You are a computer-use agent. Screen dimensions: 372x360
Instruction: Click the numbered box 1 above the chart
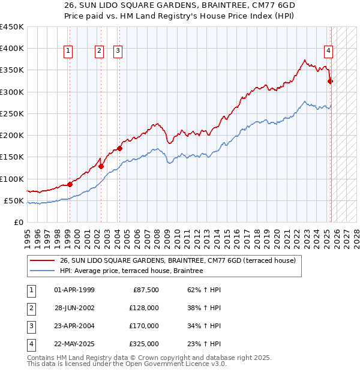pyautogui.click(x=69, y=51)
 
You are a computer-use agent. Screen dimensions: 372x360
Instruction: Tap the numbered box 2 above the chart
pyautogui.click(x=98, y=51)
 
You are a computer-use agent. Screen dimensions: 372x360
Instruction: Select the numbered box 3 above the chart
pyautogui.click(x=118, y=51)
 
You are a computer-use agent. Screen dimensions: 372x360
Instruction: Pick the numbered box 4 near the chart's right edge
pyautogui.click(x=329, y=51)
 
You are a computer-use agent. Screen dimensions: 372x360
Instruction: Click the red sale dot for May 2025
pyautogui.click(x=330, y=81)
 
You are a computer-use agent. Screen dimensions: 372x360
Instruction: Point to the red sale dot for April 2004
pyautogui.click(x=120, y=148)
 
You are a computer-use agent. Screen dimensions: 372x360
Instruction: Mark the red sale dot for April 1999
pyautogui.click(x=70, y=184)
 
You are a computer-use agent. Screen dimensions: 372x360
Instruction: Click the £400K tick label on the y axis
pyautogui.click(x=12, y=49)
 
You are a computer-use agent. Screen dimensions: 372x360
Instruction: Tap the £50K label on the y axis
pyautogui.click(x=14, y=200)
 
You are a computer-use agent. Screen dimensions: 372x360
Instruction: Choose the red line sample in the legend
pyautogui.click(x=42, y=261)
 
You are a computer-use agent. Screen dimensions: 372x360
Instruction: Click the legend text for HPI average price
pyautogui.click(x=131, y=271)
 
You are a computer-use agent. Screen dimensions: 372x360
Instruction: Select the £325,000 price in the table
pyautogui.click(x=144, y=344)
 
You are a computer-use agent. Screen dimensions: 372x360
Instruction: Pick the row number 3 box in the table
pyautogui.click(x=29, y=326)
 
